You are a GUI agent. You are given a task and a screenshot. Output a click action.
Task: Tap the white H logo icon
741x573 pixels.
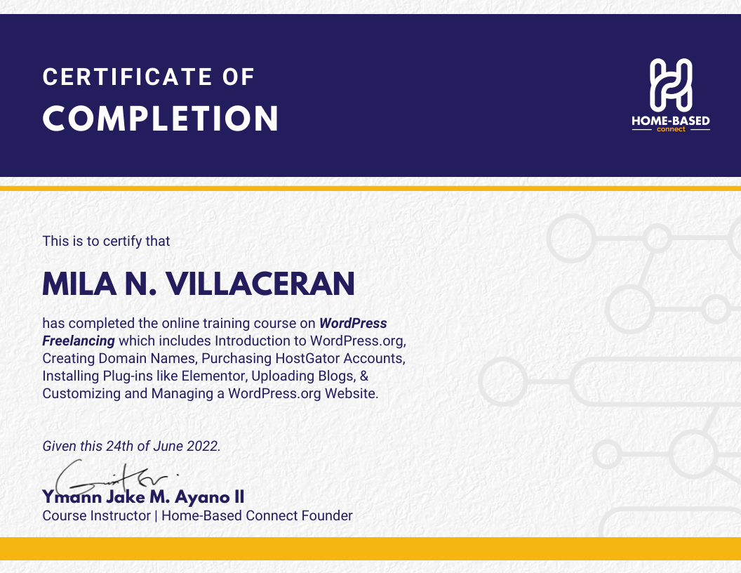click(x=671, y=85)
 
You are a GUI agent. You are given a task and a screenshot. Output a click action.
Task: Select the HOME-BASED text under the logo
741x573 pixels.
click(x=671, y=121)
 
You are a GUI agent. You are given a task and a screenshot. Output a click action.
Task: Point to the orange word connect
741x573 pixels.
click(x=671, y=129)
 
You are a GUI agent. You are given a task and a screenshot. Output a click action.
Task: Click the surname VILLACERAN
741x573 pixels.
click(x=260, y=284)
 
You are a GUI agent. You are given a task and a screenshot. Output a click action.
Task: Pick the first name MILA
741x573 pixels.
click(x=79, y=284)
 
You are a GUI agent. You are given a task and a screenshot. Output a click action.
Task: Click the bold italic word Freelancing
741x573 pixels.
click(x=79, y=341)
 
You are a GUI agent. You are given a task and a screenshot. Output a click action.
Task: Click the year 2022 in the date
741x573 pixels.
click(x=203, y=446)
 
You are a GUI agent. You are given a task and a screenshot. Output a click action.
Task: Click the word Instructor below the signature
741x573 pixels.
click(x=120, y=515)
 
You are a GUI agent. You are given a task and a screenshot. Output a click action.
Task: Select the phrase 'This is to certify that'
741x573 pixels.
click(x=106, y=241)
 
